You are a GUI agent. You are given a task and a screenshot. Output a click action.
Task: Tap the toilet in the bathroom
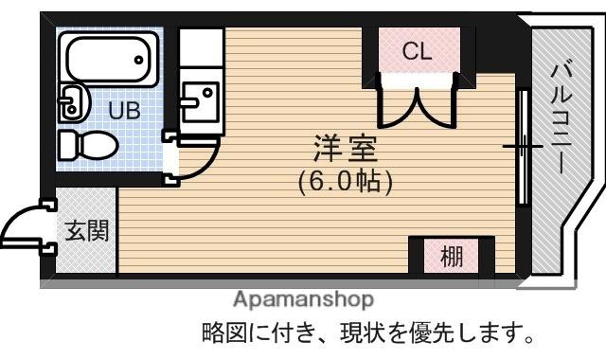tap(87, 145)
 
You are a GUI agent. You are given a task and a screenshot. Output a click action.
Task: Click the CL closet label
tap(417, 51)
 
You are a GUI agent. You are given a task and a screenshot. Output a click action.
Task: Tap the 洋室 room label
tap(345, 149)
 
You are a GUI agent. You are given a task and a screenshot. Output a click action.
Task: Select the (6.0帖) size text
tap(345, 179)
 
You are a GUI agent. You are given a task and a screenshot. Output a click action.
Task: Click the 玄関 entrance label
tap(85, 231)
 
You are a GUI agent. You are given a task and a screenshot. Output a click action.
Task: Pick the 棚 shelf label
tap(452, 255)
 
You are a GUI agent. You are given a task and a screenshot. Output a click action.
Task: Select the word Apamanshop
tap(303, 299)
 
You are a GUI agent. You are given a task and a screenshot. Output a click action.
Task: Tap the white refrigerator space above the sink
tap(200, 45)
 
